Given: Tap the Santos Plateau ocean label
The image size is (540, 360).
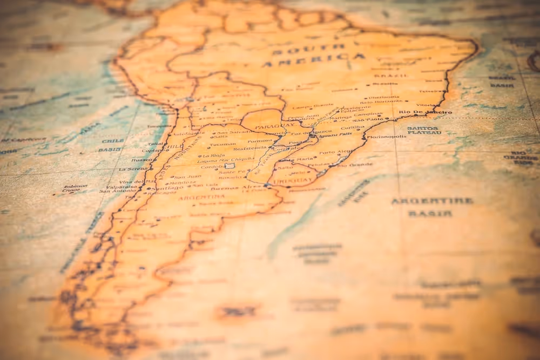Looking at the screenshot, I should (x=424, y=131).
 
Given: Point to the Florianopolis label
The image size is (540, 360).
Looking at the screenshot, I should (x=387, y=137).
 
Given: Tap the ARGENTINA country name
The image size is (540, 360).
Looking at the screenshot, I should (x=194, y=197).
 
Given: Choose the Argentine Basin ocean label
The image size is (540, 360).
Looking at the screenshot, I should (x=431, y=207).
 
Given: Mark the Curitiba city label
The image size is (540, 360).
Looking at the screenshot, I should (x=353, y=128).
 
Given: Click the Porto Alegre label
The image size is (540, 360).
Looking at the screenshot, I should (x=336, y=152).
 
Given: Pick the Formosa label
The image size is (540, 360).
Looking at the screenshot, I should (x=260, y=141).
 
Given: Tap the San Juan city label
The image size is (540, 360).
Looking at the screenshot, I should (x=187, y=176).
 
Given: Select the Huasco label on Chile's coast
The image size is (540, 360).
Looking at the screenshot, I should (x=141, y=160).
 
